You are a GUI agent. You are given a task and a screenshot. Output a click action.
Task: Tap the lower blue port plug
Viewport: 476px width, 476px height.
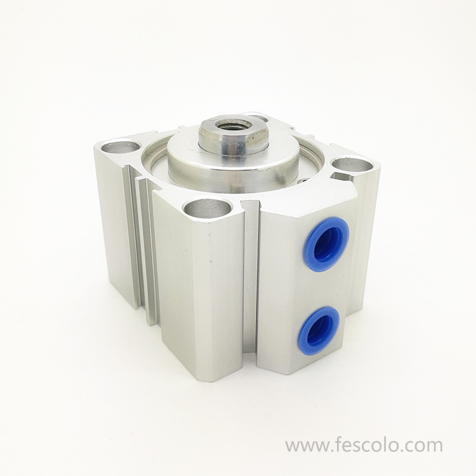(x=319, y=330)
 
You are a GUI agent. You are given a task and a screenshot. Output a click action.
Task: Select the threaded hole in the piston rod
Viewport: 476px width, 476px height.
(x=233, y=125)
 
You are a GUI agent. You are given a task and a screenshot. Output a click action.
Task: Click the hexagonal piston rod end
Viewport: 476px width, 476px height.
(x=233, y=135)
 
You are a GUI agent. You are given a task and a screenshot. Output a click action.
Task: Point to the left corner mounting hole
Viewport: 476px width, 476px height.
(x=120, y=147)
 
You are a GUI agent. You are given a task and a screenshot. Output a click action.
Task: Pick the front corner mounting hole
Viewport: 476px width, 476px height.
(x=207, y=208)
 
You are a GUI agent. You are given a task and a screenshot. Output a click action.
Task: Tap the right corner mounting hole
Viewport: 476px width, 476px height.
(x=352, y=165)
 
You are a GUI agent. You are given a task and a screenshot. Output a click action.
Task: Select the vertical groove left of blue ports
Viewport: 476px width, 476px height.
(x=251, y=279)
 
